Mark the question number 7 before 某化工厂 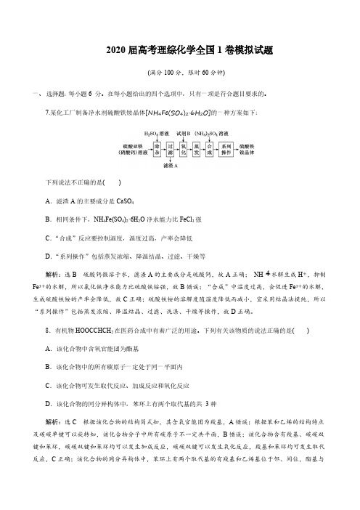[x=47, y=112]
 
